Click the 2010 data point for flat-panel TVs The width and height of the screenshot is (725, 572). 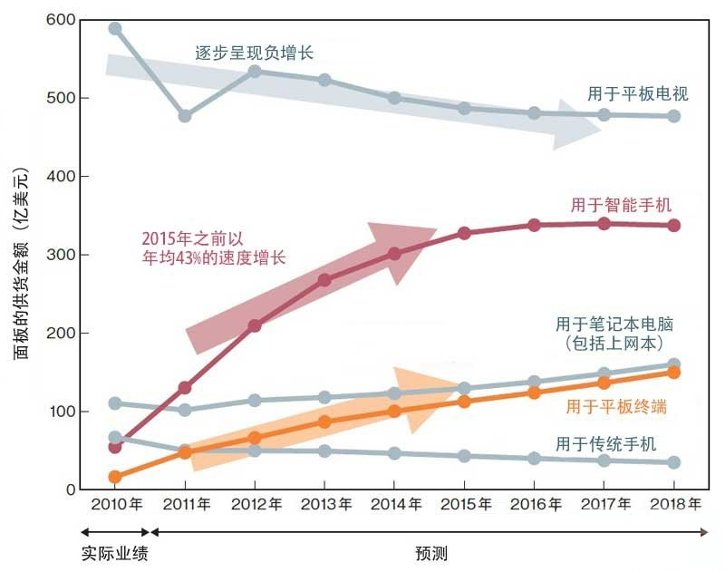(x=115, y=29)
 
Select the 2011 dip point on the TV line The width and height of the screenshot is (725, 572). (x=185, y=116)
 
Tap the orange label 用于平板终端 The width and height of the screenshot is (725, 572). (x=616, y=407)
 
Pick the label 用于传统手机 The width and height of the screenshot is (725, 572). (x=605, y=444)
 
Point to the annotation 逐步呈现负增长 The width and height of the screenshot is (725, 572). (x=255, y=53)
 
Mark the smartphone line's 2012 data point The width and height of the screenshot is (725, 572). (x=255, y=325)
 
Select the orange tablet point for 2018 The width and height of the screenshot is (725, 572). (x=673, y=373)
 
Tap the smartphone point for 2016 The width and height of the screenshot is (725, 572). (x=534, y=225)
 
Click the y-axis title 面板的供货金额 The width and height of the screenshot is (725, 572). (x=20, y=263)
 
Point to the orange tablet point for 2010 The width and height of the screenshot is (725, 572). (x=115, y=477)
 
